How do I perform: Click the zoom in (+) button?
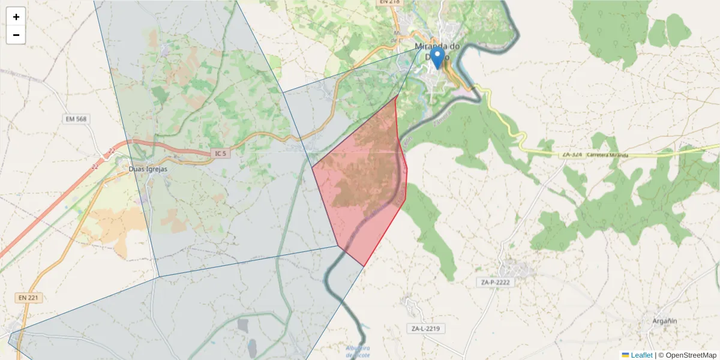16,17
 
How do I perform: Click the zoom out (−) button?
16,35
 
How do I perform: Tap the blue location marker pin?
438,58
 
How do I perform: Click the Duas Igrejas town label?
148,169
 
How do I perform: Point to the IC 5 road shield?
221,154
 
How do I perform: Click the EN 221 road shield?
28,297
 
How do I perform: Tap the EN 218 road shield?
389,2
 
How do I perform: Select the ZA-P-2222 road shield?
495,282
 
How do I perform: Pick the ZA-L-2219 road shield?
425,328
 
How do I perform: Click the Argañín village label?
664,321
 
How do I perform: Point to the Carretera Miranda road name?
608,155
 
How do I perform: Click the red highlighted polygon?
366,192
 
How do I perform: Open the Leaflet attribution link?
641,355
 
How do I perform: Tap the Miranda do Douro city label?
437,47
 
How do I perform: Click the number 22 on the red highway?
112,151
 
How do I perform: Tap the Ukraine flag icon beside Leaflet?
625,355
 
